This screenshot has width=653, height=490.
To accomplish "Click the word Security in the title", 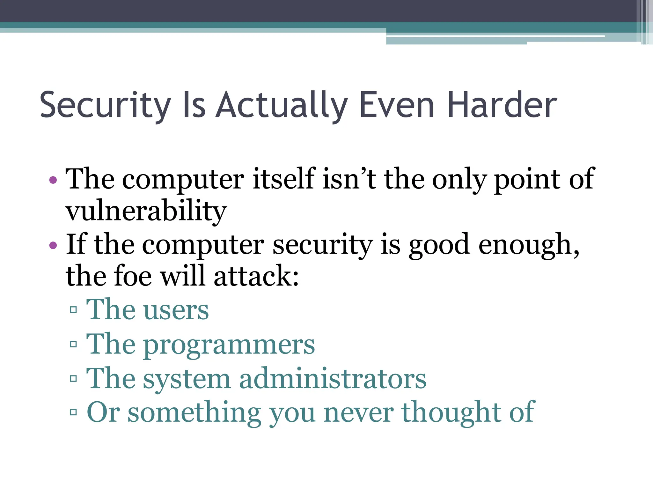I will point(105,105).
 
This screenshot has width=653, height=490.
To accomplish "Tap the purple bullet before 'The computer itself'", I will point(53,180).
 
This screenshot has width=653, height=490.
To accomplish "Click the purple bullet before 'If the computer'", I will point(53,245).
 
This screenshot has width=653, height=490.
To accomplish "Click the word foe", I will point(133,276).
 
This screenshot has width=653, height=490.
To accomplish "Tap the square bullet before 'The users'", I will point(73,310).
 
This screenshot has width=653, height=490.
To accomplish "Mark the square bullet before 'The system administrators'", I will point(73,379).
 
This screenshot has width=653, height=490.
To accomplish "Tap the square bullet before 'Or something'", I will point(73,412).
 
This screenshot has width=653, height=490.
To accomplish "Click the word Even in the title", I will point(397,105).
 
